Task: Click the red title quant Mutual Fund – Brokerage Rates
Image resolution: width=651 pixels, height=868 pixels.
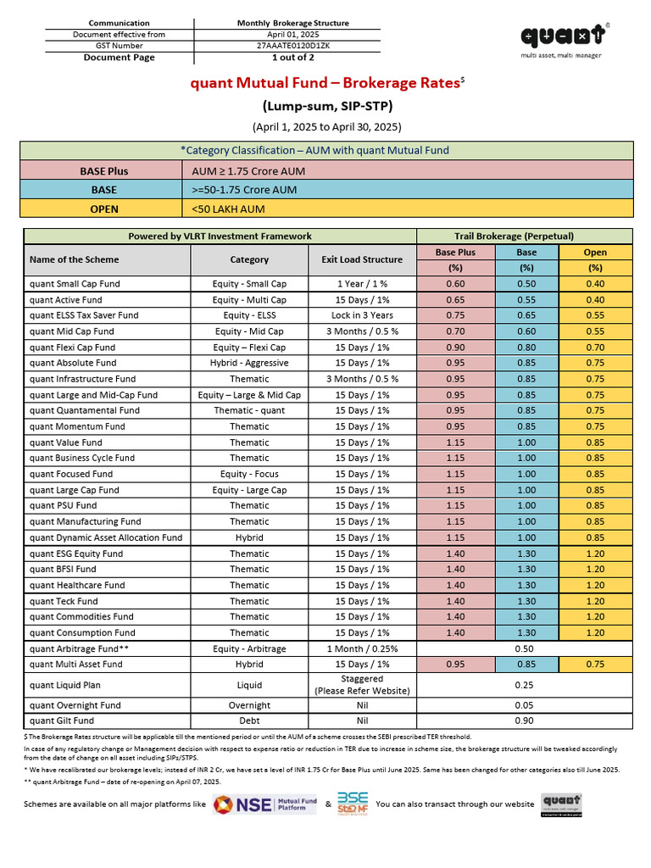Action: click(x=324, y=83)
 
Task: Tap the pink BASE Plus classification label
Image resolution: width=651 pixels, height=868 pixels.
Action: click(x=104, y=171)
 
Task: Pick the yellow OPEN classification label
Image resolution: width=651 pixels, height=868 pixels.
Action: click(x=104, y=209)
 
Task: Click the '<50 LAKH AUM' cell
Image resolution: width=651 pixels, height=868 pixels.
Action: click(x=229, y=209)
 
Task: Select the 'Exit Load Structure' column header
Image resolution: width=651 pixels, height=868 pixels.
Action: click(x=363, y=259)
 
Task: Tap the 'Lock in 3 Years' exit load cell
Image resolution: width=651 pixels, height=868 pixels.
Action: click(x=363, y=315)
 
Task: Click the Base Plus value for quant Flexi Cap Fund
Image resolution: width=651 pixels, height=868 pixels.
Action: click(x=455, y=348)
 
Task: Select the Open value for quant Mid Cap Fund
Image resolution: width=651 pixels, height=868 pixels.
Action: click(x=594, y=331)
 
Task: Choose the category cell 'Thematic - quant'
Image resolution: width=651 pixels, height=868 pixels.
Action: click(x=249, y=411)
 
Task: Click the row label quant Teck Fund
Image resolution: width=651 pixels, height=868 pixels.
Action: click(x=64, y=601)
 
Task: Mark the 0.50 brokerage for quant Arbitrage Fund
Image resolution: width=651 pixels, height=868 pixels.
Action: click(x=525, y=648)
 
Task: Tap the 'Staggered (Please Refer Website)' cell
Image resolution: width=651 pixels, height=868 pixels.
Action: click(x=363, y=685)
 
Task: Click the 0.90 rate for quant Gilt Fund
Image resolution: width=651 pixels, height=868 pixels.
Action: click(x=525, y=721)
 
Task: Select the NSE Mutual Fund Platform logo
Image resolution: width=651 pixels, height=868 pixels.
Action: click(x=264, y=804)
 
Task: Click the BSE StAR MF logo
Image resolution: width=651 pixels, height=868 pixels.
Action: click(x=353, y=803)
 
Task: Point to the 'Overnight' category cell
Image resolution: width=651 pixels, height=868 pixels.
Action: click(x=249, y=705)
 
